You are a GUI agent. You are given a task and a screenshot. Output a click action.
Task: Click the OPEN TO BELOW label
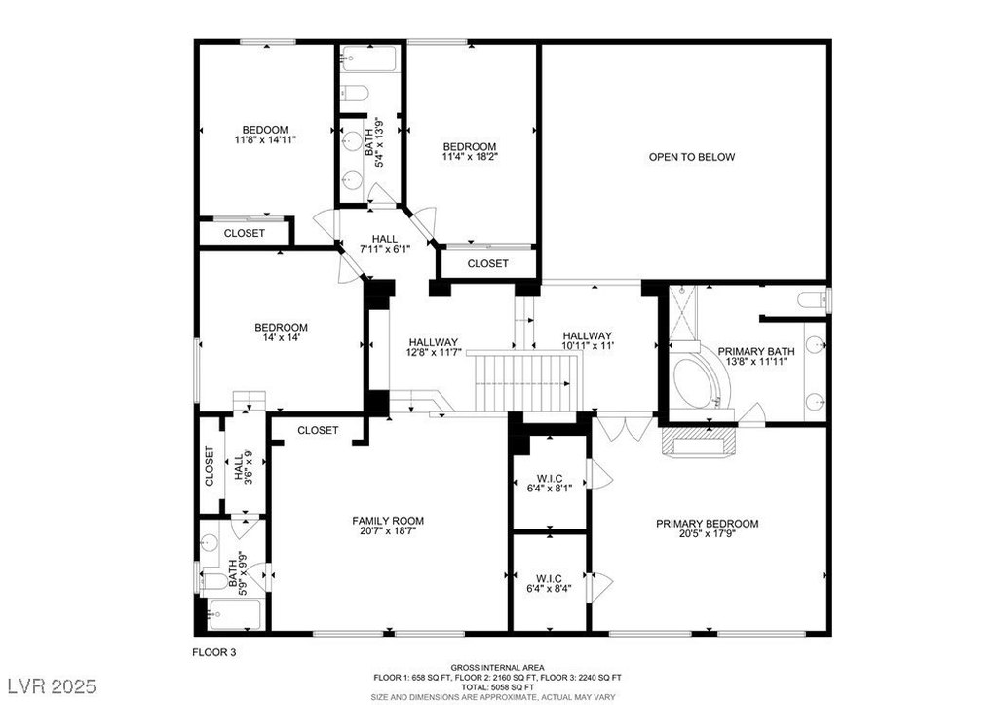tap(691, 157)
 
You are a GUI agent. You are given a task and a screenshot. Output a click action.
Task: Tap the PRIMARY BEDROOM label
tap(708, 524)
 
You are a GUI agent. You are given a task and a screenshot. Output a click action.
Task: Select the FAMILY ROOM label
tap(388, 521)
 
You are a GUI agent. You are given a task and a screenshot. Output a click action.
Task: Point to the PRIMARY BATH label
tap(756, 352)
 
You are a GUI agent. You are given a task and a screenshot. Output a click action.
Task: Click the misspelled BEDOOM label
tap(265, 130)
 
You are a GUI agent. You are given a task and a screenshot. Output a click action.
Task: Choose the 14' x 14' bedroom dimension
tap(281, 337)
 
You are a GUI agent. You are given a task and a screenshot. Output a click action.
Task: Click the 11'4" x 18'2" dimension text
tap(470, 156)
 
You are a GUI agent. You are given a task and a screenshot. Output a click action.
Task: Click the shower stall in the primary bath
tap(683, 313)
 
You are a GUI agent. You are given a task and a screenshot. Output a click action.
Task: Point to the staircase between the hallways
tap(527, 383)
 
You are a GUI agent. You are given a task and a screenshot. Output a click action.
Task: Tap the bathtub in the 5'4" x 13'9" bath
tap(369, 59)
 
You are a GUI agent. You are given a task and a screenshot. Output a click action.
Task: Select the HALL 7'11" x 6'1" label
tap(384, 244)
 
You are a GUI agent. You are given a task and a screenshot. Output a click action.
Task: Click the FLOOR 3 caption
tap(213, 652)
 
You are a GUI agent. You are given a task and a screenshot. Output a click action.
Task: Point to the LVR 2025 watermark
tap(53, 685)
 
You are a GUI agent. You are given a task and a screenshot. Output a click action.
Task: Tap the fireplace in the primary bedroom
tap(699, 442)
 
